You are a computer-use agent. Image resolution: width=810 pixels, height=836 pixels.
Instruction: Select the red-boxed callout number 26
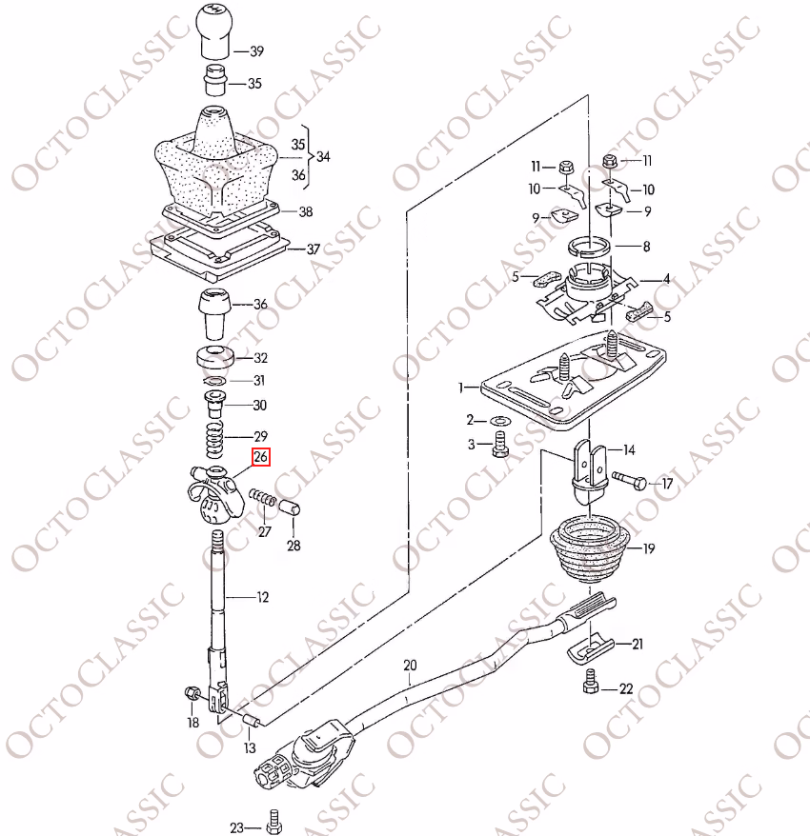click(261, 457)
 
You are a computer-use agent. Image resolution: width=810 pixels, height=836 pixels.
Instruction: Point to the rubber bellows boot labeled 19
click(590, 548)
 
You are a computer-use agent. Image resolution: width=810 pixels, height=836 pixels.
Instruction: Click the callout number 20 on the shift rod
click(410, 666)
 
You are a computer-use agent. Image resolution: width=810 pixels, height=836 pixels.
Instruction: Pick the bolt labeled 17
click(629, 481)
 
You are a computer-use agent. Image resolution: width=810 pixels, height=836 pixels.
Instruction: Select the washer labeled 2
click(500, 422)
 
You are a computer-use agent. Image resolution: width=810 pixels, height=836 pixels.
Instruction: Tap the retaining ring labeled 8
click(588, 247)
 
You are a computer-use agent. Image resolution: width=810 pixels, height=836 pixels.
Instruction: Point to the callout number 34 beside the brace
click(323, 157)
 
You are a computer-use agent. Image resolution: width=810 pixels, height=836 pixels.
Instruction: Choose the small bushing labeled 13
click(252, 721)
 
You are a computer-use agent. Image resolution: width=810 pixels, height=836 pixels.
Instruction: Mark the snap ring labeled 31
click(215, 381)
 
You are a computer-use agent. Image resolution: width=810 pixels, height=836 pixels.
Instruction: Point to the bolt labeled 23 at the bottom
click(273, 822)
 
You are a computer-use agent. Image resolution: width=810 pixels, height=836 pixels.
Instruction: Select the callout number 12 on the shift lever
click(262, 597)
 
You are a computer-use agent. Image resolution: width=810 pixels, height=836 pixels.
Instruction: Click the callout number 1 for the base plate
click(460, 388)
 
